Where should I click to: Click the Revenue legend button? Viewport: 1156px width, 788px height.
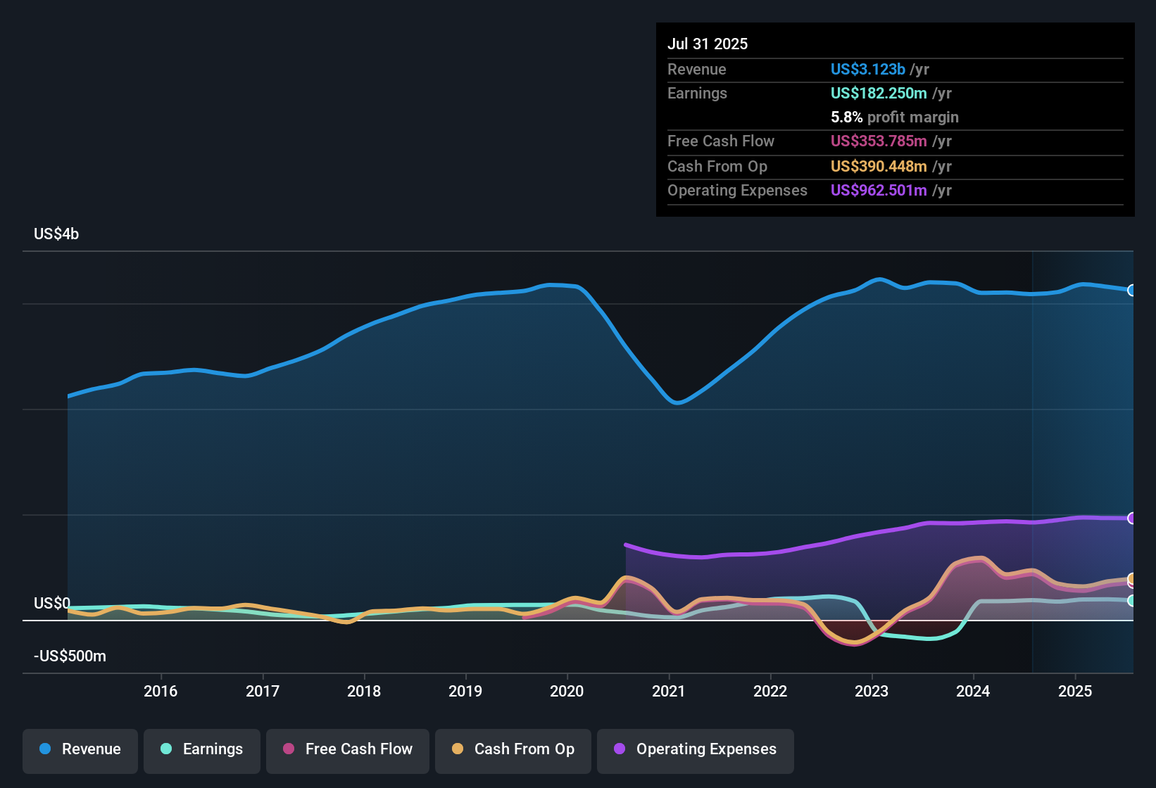coord(80,749)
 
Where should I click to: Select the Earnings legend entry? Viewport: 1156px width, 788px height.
coord(201,749)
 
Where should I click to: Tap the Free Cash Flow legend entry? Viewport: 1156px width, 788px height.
coord(348,749)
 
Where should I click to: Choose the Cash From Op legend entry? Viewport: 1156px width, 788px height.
coord(513,749)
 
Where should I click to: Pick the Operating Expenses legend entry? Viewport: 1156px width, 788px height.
coord(696,749)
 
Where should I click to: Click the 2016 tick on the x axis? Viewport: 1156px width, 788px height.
coord(161,691)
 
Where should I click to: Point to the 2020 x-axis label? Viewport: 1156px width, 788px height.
coord(567,691)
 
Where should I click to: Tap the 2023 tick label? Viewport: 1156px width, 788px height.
coord(872,691)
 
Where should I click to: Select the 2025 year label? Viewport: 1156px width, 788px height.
coord(1075,691)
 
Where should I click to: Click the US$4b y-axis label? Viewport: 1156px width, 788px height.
coord(56,234)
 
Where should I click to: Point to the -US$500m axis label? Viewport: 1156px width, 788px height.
coord(70,656)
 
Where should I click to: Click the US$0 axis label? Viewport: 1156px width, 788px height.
coord(52,604)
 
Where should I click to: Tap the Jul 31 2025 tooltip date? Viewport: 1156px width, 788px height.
coord(708,44)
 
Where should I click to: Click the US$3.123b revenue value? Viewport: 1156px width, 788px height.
coord(867,69)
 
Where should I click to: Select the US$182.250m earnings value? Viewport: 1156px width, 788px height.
coord(878,93)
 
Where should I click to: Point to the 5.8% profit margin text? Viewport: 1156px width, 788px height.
coord(894,117)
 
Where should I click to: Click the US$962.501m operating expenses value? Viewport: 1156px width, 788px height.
coord(878,190)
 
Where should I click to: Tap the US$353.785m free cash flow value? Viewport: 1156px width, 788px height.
coord(878,141)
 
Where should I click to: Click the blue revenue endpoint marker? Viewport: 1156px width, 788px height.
coord(1131,290)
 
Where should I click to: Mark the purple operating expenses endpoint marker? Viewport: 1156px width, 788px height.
coord(1131,519)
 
